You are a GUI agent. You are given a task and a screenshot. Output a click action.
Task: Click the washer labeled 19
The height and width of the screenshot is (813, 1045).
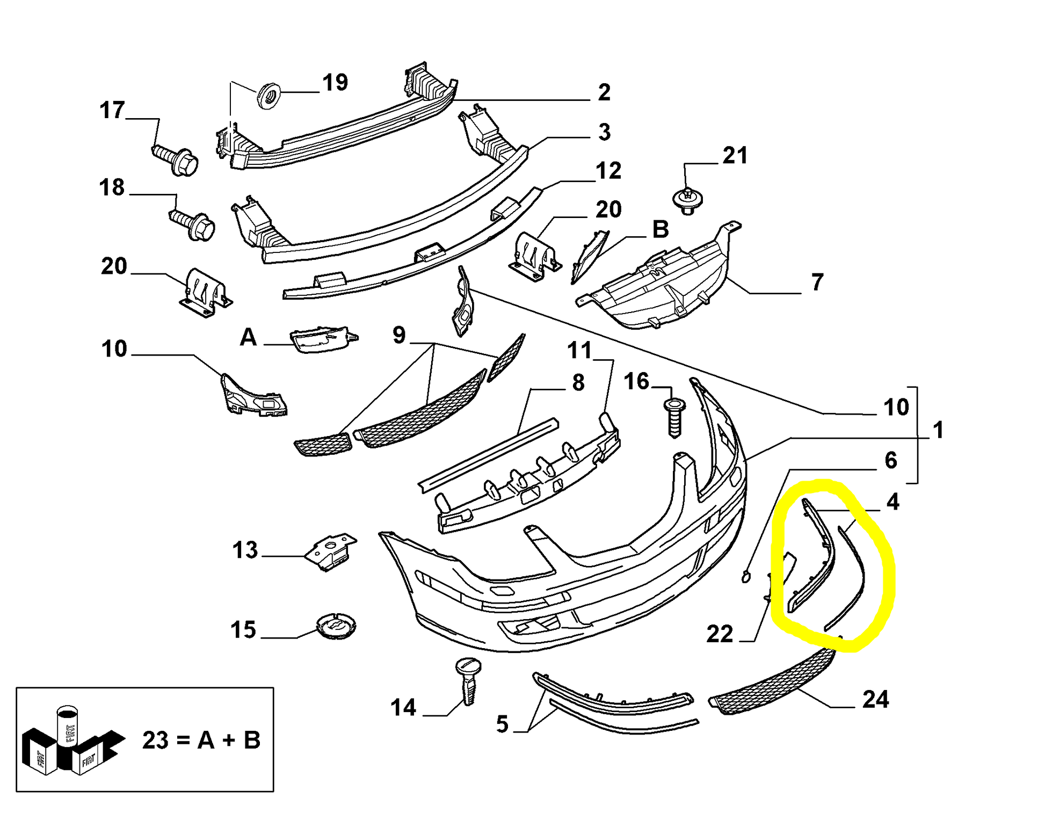point(269,96)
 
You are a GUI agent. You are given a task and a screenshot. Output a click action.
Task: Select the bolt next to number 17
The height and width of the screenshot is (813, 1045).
point(175,157)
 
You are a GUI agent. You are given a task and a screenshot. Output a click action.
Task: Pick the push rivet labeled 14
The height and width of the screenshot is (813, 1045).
point(468,680)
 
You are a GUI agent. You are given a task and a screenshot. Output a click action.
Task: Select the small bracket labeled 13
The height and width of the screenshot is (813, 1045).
point(331,551)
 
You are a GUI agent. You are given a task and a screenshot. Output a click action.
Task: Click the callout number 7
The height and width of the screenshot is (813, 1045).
point(817,282)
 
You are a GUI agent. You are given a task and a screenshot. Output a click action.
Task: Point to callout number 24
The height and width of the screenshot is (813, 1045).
point(875,700)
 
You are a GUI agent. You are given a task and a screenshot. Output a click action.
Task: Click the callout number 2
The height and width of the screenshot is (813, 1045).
point(604,92)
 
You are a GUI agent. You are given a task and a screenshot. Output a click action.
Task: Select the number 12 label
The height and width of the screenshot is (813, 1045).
point(608,171)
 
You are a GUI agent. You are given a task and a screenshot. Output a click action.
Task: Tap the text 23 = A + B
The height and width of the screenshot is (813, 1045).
point(201,740)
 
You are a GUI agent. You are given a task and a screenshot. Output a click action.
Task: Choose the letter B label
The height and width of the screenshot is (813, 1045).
point(661,230)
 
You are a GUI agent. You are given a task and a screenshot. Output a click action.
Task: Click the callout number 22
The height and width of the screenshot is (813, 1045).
point(720,634)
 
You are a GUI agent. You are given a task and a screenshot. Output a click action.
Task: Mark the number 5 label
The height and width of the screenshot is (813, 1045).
point(502,724)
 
